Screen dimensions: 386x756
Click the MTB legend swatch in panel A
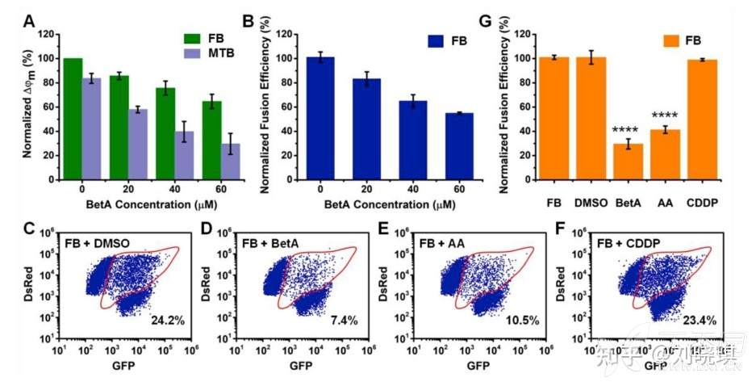(x=191, y=52)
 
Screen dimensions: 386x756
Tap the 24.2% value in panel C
(x=168, y=321)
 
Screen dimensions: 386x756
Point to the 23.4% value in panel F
(x=697, y=321)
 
